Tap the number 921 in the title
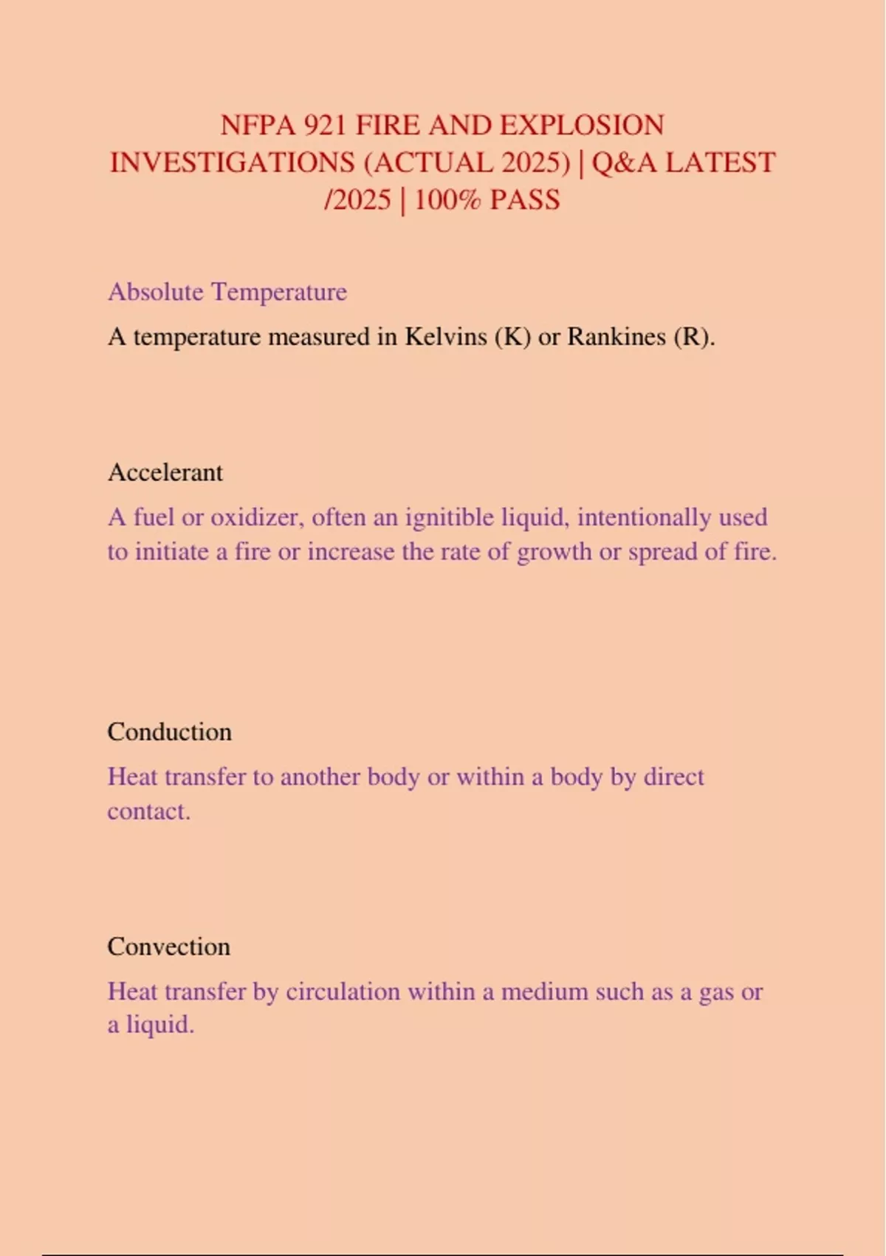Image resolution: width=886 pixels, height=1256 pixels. [x=326, y=125]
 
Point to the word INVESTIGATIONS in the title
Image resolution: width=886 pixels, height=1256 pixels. [x=233, y=163]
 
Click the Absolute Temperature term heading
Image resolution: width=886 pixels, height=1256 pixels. [x=227, y=292]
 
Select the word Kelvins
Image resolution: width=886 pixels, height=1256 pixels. [x=445, y=337]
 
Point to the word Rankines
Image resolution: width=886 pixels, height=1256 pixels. [x=617, y=337]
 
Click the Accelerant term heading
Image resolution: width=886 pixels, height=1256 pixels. [x=165, y=472]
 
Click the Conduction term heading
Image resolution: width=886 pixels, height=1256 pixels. [x=170, y=731]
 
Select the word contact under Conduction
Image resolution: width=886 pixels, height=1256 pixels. [x=148, y=811]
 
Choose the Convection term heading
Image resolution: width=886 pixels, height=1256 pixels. [x=169, y=946]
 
